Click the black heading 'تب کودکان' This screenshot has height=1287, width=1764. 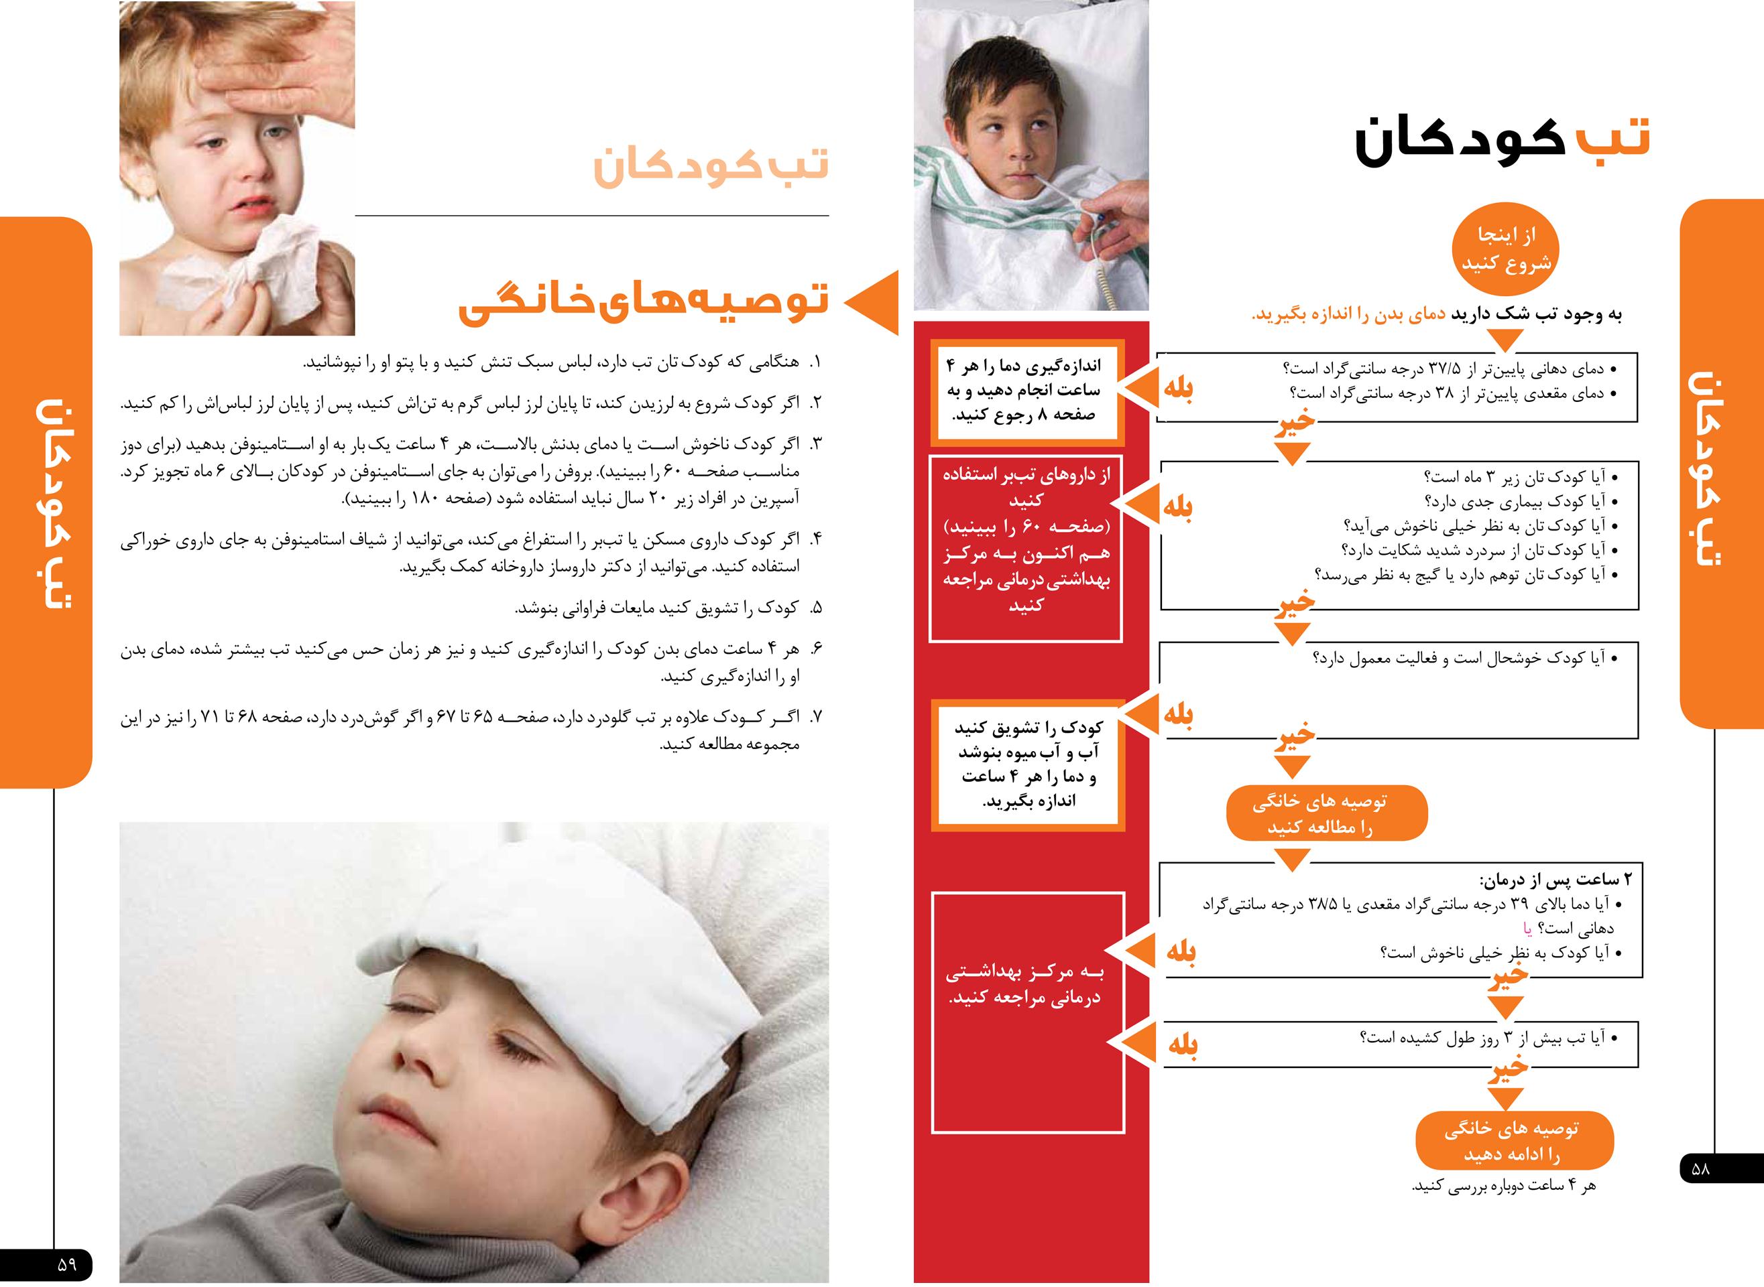click(1501, 141)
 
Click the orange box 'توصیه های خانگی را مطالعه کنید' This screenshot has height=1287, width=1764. click(1327, 814)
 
